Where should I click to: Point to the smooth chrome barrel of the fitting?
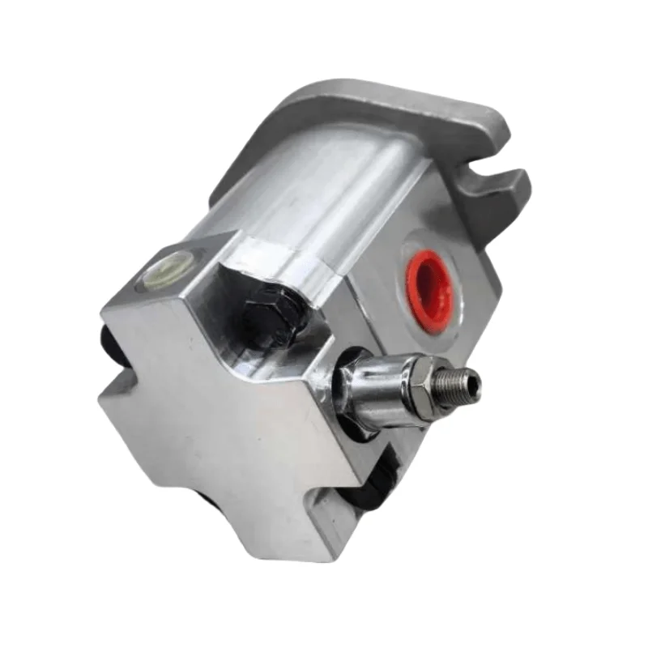tap(374, 382)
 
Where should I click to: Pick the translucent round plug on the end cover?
tap(170, 266)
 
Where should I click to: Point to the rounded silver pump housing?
tap(324, 186)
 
